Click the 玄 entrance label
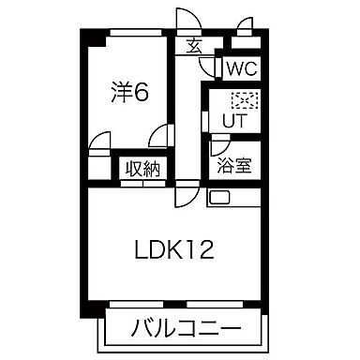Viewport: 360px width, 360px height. pos(194,45)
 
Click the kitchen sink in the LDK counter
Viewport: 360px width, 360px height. pos(218,198)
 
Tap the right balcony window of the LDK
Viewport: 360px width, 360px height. pos(215,304)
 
